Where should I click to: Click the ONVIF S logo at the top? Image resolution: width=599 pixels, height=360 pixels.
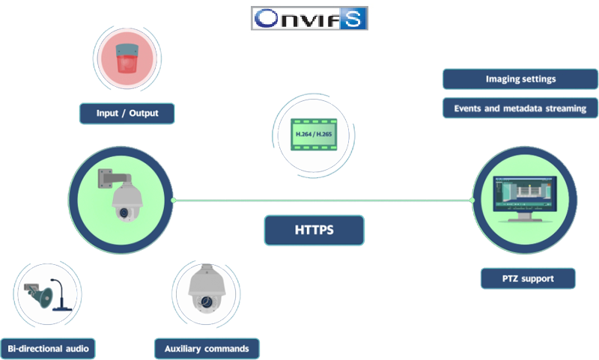tap(309, 19)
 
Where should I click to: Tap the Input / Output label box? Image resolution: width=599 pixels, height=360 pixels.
tap(127, 114)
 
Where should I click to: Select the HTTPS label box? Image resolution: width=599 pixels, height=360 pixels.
tap(314, 231)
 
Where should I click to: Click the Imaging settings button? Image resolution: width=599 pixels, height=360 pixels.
tap(520, 79)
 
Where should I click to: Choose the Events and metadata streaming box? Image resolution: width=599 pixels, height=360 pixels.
tap(520, 109)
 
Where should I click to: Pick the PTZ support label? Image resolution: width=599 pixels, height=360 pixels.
tap(528, 278)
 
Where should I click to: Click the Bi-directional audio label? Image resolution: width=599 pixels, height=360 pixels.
tap(48, 348)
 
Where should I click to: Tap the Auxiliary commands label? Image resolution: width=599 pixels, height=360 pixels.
tap(207, 348)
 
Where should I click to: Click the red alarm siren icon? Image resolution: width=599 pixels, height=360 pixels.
tap(127, 58)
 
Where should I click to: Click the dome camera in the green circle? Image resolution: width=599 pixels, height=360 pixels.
tap(122, 199)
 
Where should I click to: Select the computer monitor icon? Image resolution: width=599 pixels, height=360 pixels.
tap(525, 196)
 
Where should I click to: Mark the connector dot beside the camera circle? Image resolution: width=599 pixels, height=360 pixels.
tap(174, 201)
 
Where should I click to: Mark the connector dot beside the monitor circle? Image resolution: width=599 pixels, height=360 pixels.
tap(472, 200)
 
